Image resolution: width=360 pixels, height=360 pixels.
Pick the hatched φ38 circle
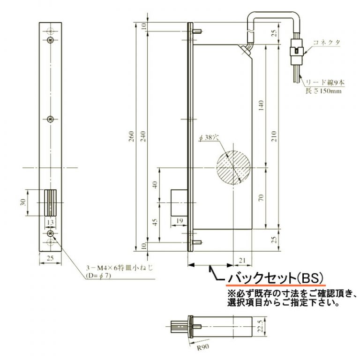pyautogui.click(x=233, y=167)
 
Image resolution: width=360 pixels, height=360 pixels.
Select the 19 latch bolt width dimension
pyautogui.click(x=179, y=220)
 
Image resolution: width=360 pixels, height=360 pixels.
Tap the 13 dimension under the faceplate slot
pyautogui.click(x=51, y=222)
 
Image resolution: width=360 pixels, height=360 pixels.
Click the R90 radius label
pyautogui.click(x=202, y=347)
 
